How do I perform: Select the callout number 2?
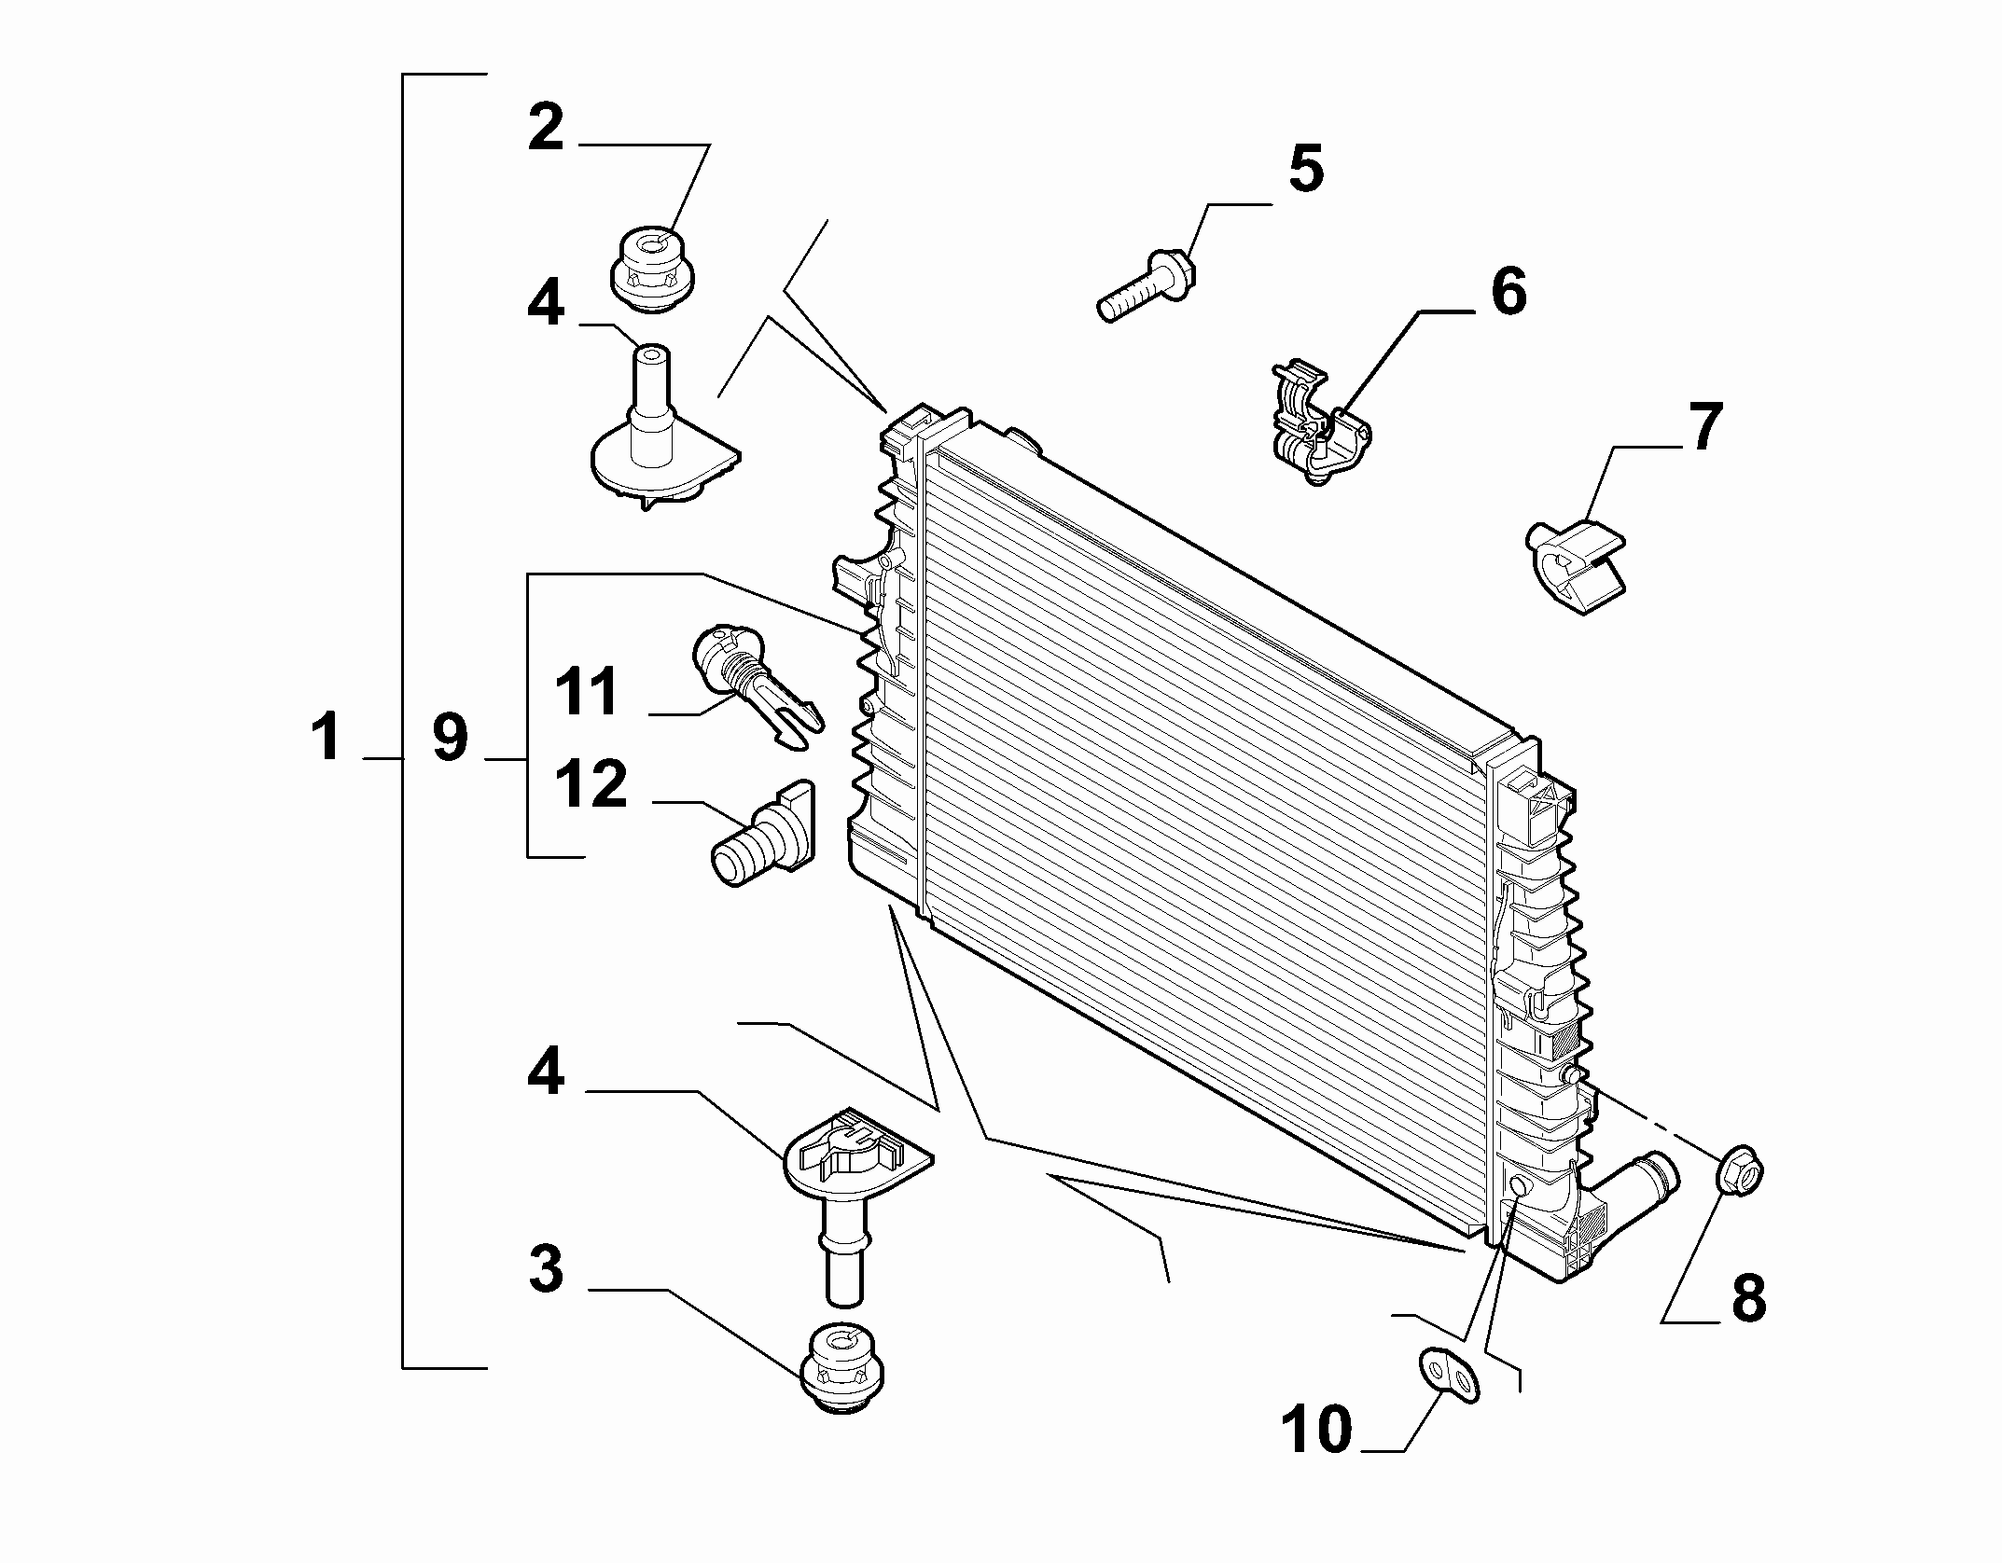547,128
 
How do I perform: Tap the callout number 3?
547,1269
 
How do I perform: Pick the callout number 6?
1508,291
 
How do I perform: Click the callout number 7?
1705,428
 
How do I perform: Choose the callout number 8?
1747,1297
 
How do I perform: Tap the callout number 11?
587,692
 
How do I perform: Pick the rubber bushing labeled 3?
842,1369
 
